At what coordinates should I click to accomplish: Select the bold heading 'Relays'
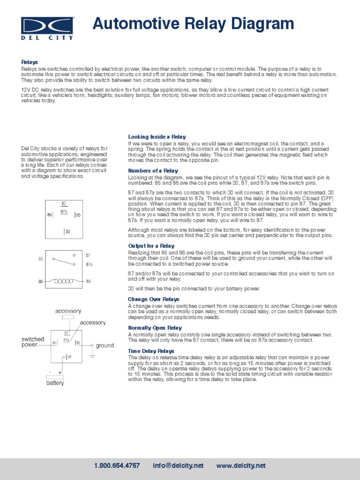click(x=29, y=62)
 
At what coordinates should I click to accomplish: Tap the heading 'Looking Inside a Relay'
click(x=150, y=137)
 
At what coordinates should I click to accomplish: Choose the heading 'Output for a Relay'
click(x=151, y=246)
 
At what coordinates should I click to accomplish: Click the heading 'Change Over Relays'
click(x=154, y=299)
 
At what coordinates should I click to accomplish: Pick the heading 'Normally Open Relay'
click(x=155, y=328)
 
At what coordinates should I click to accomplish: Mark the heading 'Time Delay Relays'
click(x=151, y=351)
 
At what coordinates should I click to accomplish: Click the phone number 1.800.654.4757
click(x=117, y=465)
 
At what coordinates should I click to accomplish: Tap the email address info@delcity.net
click(x=178, y=465)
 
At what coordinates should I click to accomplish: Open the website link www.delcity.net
click(x=241, y=465)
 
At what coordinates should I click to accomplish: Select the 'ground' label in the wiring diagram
click(x=105, y=345)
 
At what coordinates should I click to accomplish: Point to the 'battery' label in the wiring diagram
click(x=55, y=383)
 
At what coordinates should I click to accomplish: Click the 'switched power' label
click(x=33, y=342)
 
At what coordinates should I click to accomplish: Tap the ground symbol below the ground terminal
click(x=92, y=356)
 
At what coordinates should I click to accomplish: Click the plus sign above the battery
click(x=60, y=372)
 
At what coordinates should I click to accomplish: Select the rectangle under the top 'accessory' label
click(x=68, y=317)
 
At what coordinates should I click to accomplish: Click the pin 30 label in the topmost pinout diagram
click(x=67, y=232)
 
